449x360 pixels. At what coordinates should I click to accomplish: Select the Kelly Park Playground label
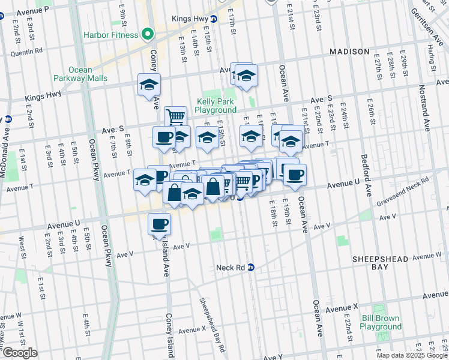point(216,106)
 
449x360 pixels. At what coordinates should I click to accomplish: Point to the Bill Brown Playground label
point(381,322)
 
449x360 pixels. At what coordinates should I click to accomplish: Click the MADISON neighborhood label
point(349,52)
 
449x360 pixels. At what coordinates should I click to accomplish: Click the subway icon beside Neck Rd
point(251,267)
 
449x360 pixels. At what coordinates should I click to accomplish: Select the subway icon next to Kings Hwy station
point(231,19)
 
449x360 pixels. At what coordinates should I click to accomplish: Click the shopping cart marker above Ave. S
point(175,116)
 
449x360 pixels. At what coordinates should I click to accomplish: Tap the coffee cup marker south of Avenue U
point(159,224)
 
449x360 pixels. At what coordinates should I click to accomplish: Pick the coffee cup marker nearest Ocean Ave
point(294,175)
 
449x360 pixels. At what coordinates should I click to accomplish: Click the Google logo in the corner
point(19,353)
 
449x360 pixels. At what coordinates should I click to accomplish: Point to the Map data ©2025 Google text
point(412,355)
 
